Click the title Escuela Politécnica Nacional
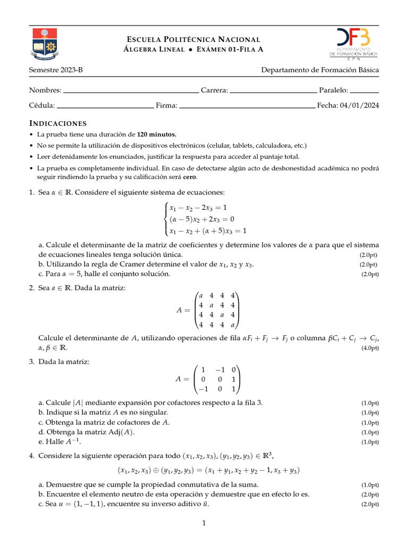[193, 39]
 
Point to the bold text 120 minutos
[157, 134]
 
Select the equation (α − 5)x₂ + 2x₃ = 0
[202, 219]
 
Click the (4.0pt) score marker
[370, 348]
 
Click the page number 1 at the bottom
[204, 524]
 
